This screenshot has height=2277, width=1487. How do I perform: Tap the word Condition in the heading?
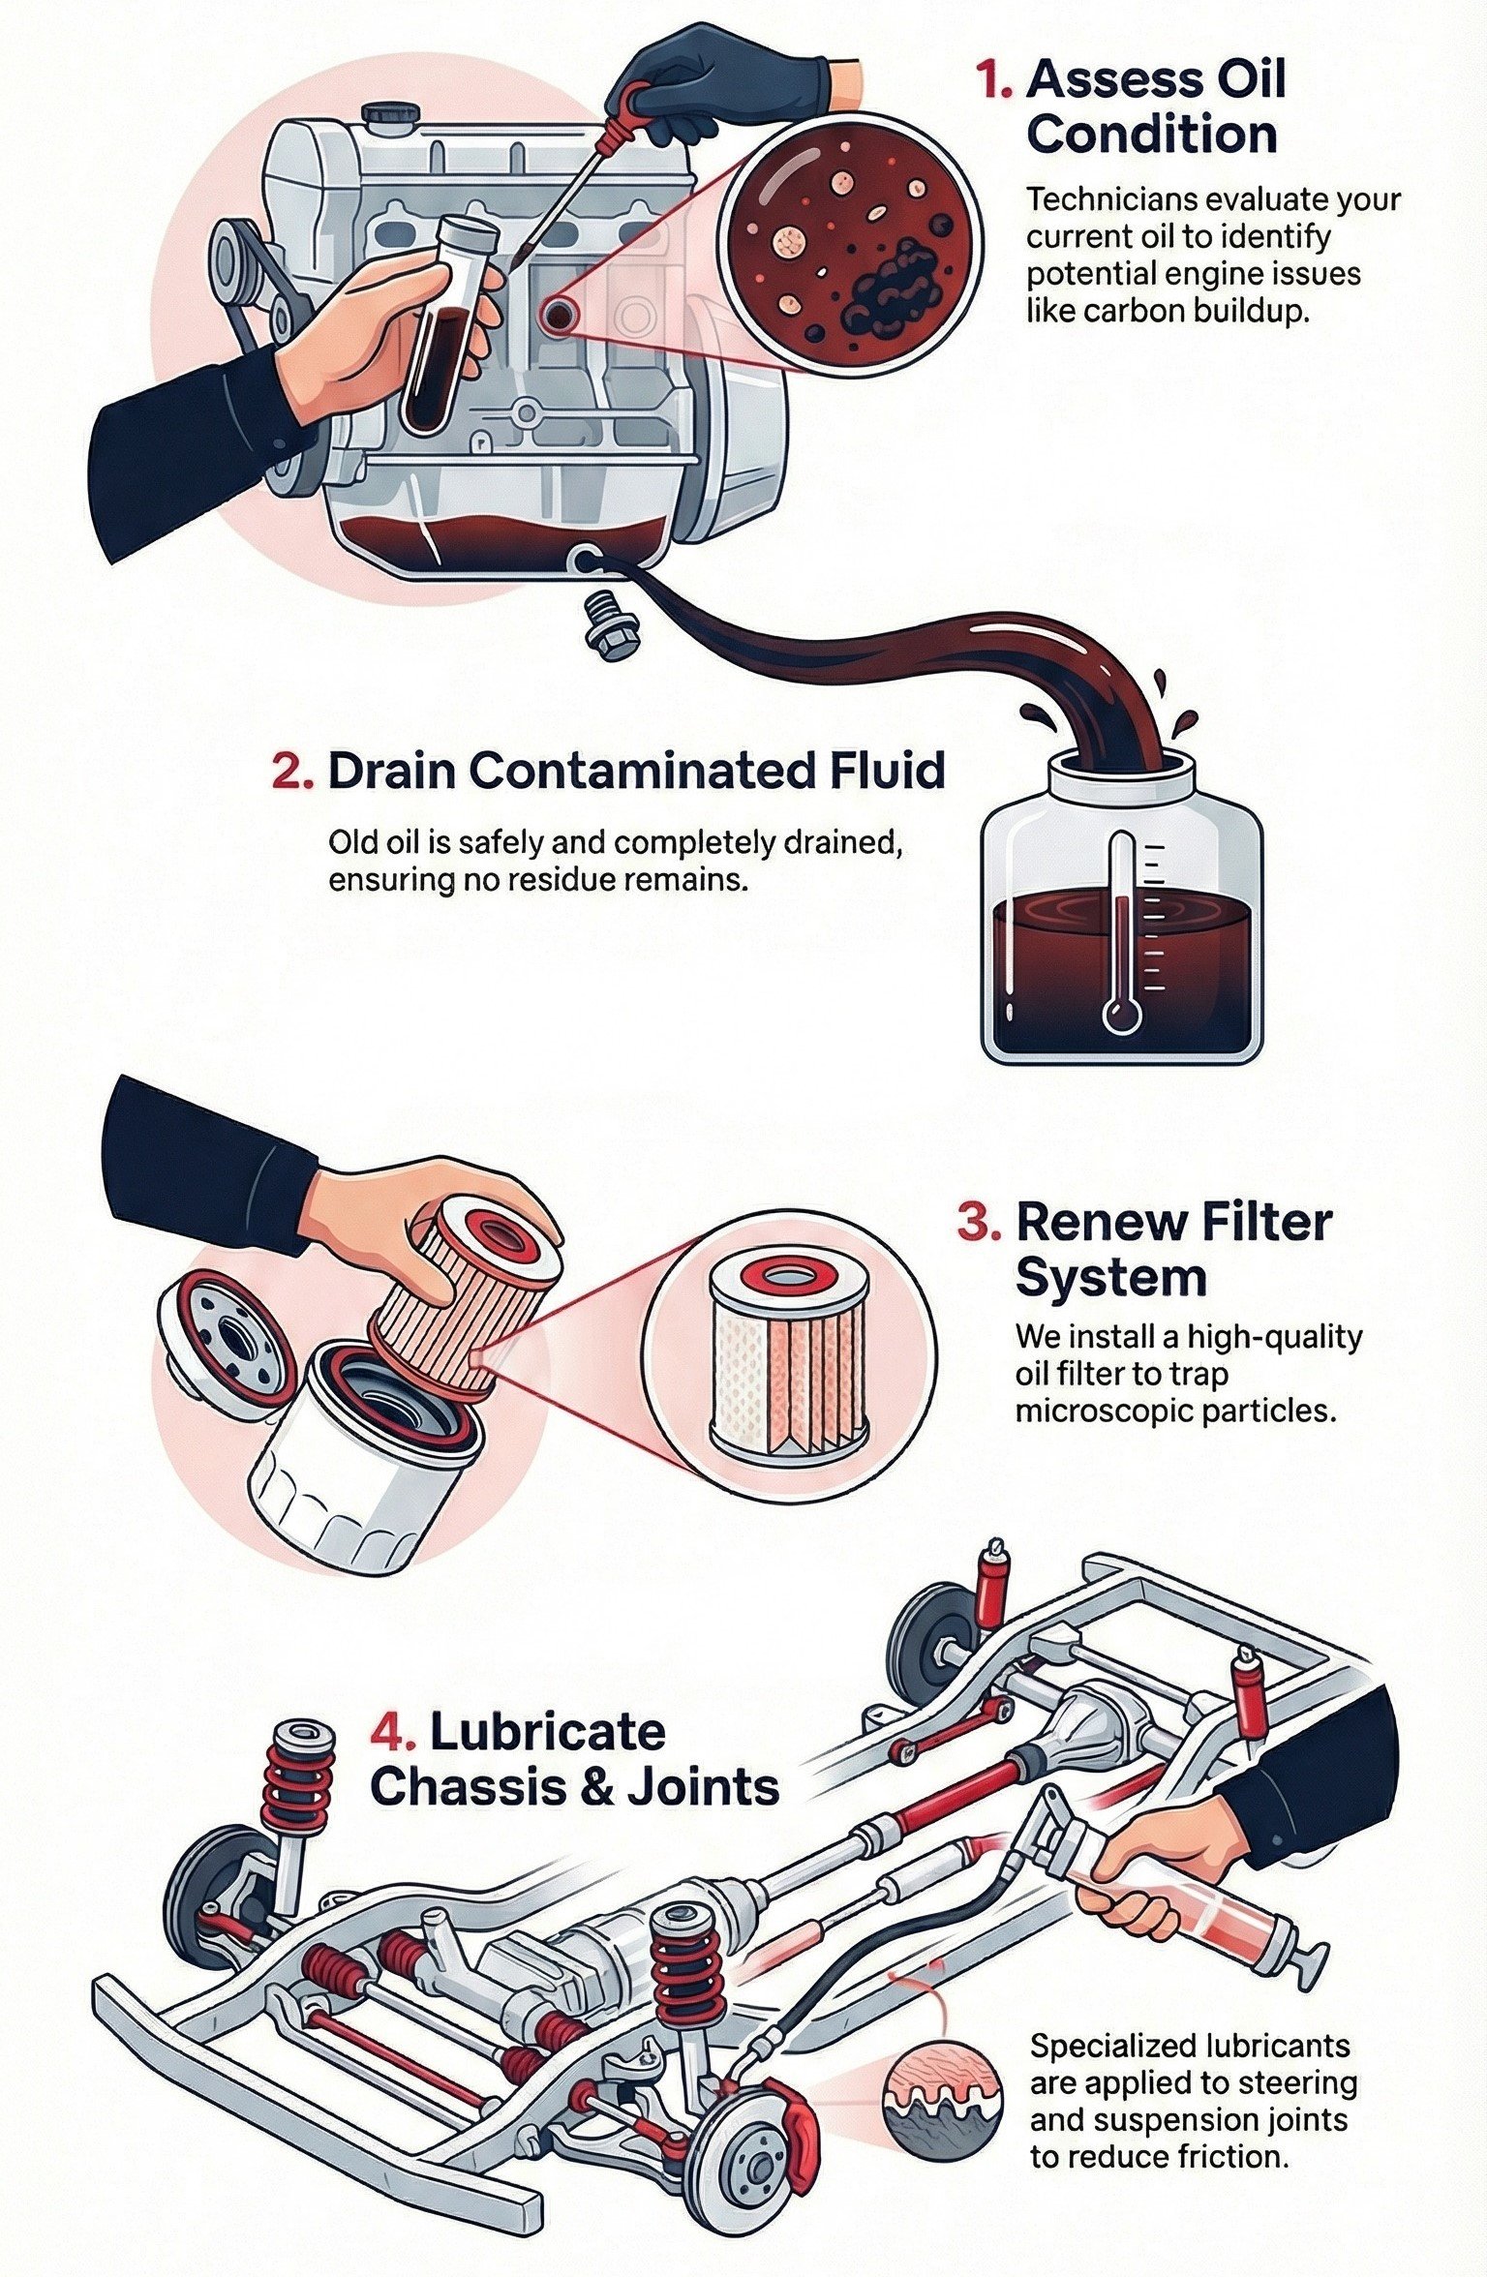pos(1152,136)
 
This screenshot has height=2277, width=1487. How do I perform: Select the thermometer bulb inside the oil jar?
pos(1121,1015)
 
